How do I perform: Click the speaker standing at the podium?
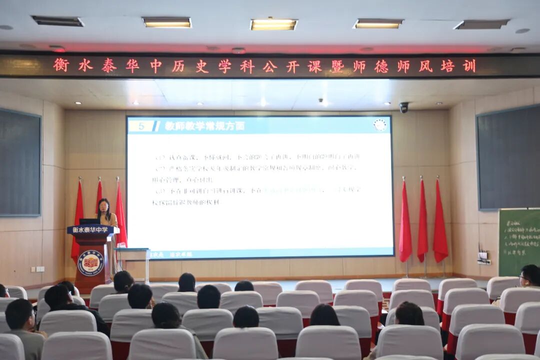105,212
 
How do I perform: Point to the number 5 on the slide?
141,126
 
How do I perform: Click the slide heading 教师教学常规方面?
205,126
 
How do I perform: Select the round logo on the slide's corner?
380,125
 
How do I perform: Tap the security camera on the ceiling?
403,107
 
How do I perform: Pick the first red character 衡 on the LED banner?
61,65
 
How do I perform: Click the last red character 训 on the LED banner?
469,66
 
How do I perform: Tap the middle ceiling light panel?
273,24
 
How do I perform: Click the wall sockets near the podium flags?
37,269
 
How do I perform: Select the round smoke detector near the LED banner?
238,50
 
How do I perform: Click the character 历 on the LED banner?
178,66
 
